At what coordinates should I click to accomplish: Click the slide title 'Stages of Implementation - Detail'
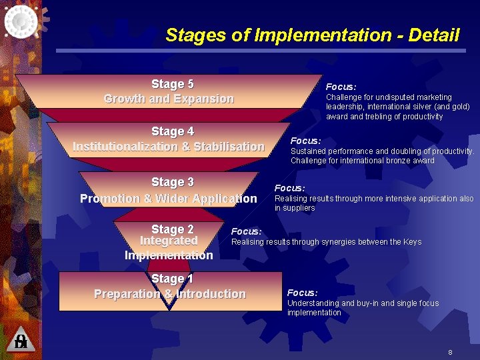click(x=312, y=35)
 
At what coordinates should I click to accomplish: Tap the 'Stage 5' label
click(x=172, y=84)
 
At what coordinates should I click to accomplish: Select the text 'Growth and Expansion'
click(x=169, y=99)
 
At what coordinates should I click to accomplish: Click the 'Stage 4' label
click(x=172, y=131)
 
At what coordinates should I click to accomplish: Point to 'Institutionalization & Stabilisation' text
click(x=169, y=147)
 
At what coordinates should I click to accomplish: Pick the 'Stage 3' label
click(x=172, y=182)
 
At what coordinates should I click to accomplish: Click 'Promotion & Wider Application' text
click(x=168, y=199)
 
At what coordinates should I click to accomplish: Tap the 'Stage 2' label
click(x=172, y=229)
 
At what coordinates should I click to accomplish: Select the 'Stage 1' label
click(x=172, y=279)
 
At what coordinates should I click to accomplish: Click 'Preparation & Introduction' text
click(x=170, y=294)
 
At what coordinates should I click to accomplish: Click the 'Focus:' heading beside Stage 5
click(x=341, y=87)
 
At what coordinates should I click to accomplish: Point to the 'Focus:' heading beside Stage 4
click(x=305, y=141)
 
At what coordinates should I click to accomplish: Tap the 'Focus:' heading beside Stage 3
click(x=289, y=188)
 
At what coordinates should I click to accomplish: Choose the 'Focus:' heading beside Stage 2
click(x=246, y=231)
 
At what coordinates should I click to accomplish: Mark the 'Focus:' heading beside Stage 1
click(x=302, y=293)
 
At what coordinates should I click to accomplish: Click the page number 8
click(x=450, y=352)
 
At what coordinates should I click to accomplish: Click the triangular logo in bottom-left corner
click(x=21, y=340)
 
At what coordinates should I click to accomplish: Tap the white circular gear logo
click(x=21, y=20)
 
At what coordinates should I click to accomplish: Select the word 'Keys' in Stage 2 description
click(x=412, y=242)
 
